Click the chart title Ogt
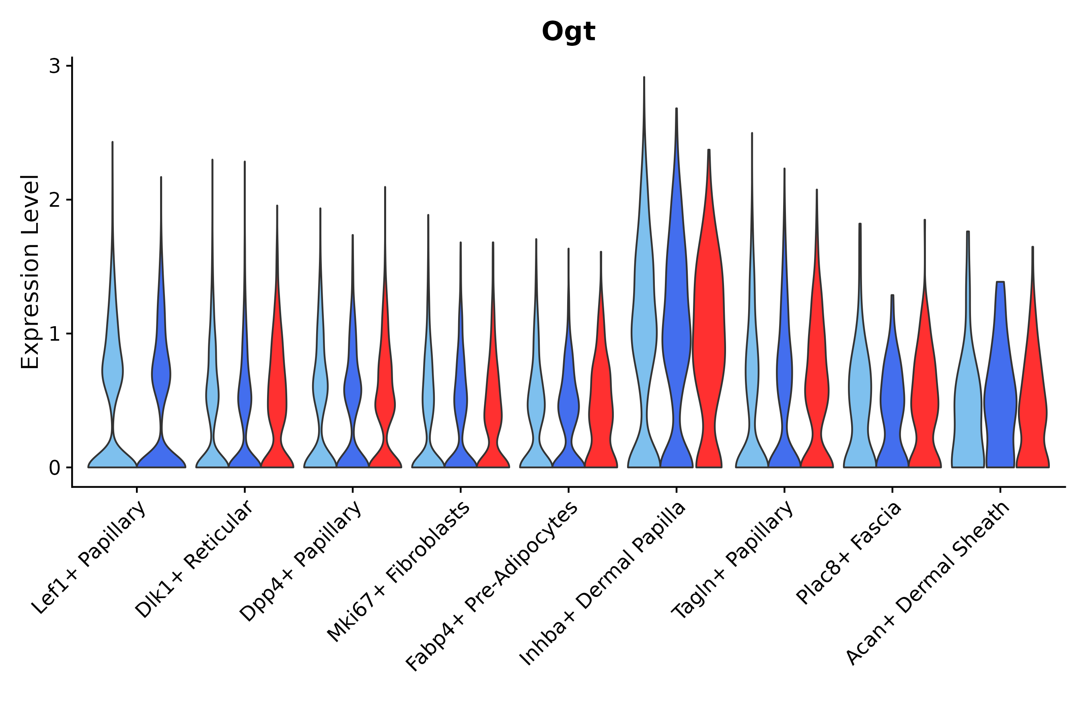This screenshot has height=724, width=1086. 568,32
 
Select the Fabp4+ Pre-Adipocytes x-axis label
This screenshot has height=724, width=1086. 492,586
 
